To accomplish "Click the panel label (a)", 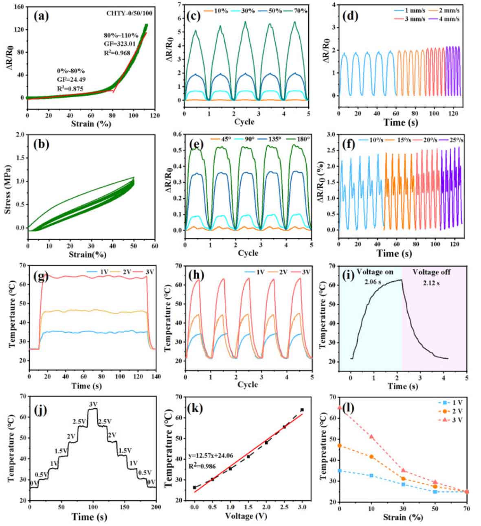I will (x=42, y=16).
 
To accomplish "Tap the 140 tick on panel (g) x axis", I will (x=155, y=377).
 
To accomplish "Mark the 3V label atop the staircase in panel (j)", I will (x=93, y=404).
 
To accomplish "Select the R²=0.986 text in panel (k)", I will (x=202, y=466).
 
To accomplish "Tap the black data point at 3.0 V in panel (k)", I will (x=302, y=410).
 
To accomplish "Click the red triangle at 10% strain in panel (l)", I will (x=371, y=436).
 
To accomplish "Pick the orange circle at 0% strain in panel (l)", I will (x=340, y=446).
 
